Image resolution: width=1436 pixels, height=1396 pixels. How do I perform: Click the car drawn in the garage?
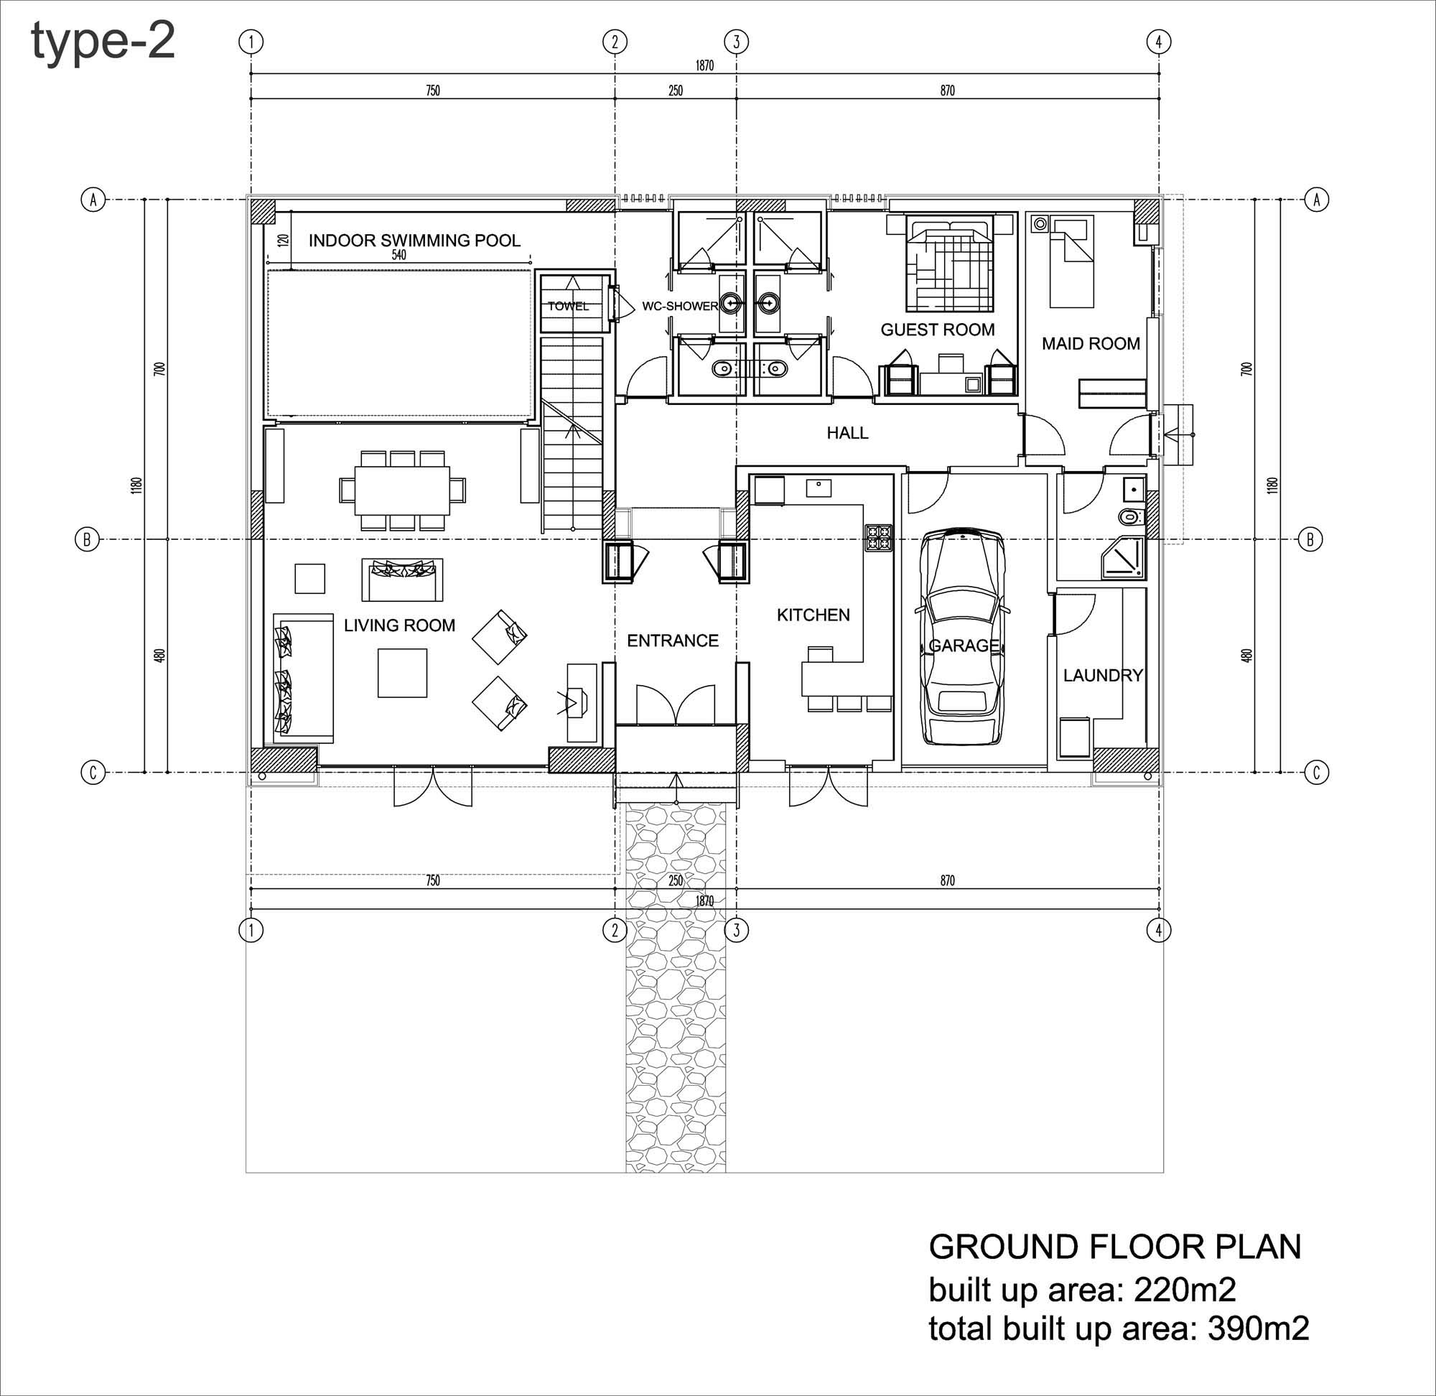coord(962,636)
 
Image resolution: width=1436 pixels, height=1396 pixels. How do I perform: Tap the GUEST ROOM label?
coord(938,330)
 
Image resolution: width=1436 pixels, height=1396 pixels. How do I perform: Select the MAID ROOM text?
coord(1091,344)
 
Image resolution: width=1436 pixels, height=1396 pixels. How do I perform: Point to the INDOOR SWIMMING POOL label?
coord(414,241)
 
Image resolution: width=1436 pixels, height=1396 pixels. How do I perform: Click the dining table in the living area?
coord(402,489)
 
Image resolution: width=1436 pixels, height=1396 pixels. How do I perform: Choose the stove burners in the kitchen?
coord(878,537)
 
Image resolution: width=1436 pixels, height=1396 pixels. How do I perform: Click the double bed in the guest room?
coord(948,263)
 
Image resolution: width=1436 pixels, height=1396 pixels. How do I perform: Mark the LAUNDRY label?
coord(1102,675)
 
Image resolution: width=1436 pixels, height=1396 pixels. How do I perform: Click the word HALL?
coord(847,433)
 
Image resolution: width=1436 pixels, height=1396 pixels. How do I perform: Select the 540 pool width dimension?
coord(398,255)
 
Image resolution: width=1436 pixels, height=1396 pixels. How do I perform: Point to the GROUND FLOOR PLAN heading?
coord(1114,1247)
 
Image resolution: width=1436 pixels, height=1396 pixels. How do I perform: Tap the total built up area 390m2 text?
coord(1119,1328)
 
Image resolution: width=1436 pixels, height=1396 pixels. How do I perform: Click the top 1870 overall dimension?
coord(704,66)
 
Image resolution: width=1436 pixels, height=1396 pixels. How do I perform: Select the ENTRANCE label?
coord(672,641)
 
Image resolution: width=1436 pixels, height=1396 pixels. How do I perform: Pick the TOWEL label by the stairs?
coord(568,307)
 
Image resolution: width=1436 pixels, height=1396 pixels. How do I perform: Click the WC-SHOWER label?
coord(679,306)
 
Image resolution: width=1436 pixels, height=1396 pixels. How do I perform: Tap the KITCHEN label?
coord(813,615)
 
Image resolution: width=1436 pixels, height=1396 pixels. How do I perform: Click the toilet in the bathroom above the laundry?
coord(1132,517)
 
